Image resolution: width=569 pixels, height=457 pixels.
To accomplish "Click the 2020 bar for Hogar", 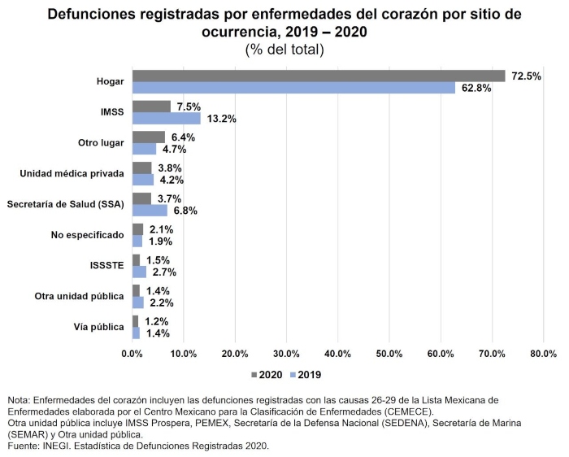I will pyautogui.click(x=319, y=76).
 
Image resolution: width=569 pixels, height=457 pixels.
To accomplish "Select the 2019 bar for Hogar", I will pyautogui.click(x=293, y=88).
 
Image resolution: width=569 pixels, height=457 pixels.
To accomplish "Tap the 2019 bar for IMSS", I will pyautogui.click(x=166, y=118).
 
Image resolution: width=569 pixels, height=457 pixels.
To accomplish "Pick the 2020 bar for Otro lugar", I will pyautogui.click(x=149, y=137).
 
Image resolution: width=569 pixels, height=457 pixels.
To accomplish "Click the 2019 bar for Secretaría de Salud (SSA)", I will pyautogui.click(x=150, y=211).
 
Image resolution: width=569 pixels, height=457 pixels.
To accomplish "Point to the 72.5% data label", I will pyautogui.click(x=525, y=76).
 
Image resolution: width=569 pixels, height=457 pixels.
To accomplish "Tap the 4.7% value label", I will pyautogui.click(x=173, y=150).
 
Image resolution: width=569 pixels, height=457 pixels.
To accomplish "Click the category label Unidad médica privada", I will pyautogui.click(x=72, y=173).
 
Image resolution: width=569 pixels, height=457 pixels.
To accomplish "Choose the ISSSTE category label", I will pyautogui.click(x=106, y=266).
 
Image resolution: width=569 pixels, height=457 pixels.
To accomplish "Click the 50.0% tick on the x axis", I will pyautogui.click(x=389, y=353).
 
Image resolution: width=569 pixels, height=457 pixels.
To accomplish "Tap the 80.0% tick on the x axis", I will pyautogui.click(x=543, y=353).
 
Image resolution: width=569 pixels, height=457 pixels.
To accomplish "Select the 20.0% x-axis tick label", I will pyautogui.click(x=235, y=353).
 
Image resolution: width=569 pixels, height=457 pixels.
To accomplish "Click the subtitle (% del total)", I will pyautogui.click(x=284, y=50).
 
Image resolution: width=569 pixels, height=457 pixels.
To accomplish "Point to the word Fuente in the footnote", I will pyautogui.click(x=24, y=446).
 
